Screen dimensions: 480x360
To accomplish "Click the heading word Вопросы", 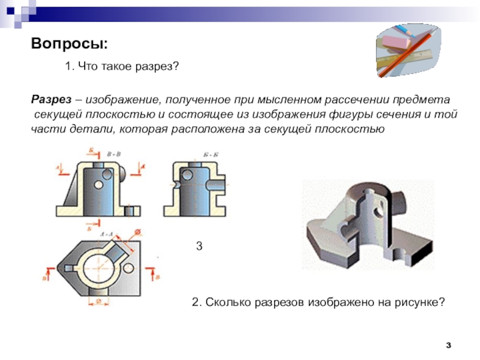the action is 70,44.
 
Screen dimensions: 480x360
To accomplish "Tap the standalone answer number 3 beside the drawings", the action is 199,246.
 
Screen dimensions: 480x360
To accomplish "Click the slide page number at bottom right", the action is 449,345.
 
